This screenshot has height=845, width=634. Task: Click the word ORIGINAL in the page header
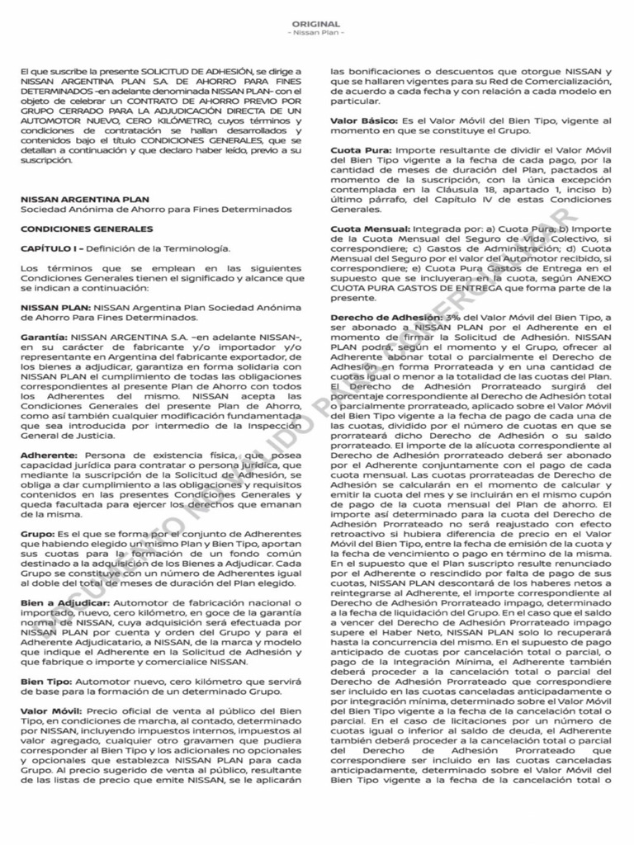pos(317,25)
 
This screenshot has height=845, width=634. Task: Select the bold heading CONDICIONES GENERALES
pos(75,229)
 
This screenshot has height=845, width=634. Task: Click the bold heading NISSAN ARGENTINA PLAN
pos(85,199)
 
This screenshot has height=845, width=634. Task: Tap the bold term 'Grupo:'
pos(37,535)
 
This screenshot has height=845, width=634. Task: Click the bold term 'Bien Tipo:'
pos(45,682)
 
